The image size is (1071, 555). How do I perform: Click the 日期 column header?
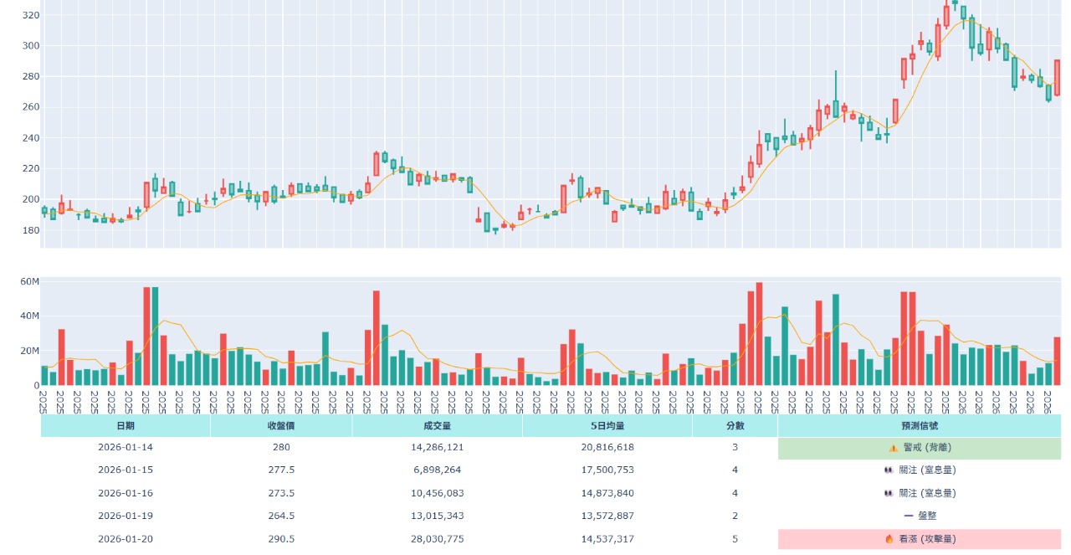[125, 425]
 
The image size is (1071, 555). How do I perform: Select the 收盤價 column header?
[281, 425]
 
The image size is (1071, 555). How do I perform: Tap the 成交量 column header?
[437, 425]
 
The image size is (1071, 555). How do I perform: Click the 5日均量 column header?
[607, 425]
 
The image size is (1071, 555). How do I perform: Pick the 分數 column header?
[735, 425]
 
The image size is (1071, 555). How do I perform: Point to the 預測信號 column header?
[919, 425]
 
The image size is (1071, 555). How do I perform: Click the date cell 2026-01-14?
[125, 448]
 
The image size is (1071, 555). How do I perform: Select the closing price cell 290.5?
[281, 539]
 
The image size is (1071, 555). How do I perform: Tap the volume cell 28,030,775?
[437, 539]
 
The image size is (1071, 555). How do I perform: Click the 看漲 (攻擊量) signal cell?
[920, 539]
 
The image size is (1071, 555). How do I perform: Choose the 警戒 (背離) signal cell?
[920, 448]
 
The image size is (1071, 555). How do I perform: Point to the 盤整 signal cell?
[920, 516]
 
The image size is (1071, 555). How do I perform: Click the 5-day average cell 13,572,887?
[607, 516]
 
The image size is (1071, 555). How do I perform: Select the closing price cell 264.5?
[281, 516]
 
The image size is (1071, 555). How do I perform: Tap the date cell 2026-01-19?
[125, 516]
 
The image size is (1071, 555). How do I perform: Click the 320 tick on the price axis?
[30, 15]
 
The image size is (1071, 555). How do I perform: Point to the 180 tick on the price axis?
[30, 230]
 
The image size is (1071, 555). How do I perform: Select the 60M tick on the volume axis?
[30, 282]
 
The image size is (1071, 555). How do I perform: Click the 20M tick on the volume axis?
[30, 351]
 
